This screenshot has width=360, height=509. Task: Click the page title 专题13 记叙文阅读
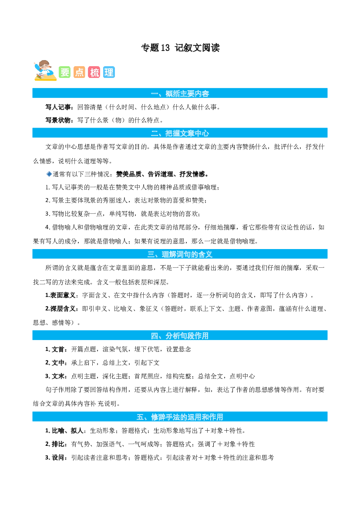(180, 48)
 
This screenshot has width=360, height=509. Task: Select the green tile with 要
(64, 72)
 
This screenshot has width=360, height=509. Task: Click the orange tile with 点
(79, 72)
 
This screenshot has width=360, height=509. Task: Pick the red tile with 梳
(94, 72)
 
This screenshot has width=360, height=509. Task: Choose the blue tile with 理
(109, 72)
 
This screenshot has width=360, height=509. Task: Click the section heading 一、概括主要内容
(180, 94)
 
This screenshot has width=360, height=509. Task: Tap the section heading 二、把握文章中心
(180, 133)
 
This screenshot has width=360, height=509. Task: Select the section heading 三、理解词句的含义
(180, 254)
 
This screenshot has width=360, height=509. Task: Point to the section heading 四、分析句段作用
(180, 336)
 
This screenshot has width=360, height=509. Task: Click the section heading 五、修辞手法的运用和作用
(180, 417)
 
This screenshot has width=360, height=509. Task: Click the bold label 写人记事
(58, 107)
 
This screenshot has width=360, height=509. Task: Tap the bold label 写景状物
(58, 120)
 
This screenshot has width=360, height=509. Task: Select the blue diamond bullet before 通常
(49, 174)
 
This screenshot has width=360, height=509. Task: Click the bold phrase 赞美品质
(129, 174)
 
